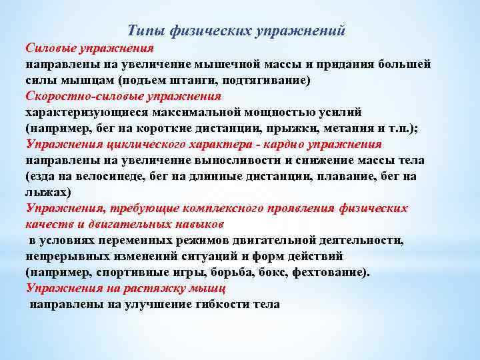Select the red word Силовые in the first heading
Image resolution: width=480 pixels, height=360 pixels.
pos(50,48)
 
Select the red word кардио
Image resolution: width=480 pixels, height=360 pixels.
pos(291,144)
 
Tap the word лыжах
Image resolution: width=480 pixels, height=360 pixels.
pos(47,192)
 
